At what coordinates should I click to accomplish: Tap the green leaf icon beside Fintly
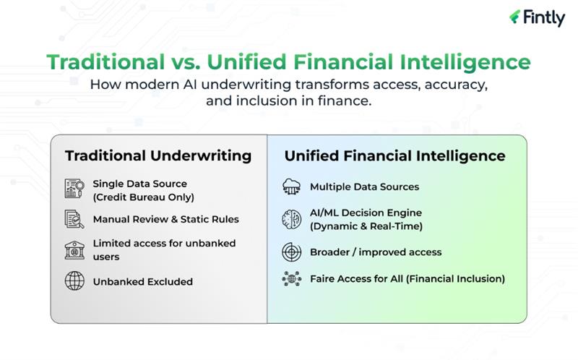pos(515,17)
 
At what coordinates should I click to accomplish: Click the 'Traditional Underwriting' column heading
pos(158,155)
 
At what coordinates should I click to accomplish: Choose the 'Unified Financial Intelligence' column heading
pos(394,155)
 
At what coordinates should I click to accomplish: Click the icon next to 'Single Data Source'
pos(74,189)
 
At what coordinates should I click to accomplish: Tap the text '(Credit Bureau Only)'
pos(143,197)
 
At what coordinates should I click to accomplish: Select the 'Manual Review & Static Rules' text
pos(165,219)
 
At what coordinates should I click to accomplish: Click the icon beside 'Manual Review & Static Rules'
pos(74,219)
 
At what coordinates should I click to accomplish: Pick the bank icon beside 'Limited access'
pos(74,250)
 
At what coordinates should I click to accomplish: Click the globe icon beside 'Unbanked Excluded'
pos(74,281)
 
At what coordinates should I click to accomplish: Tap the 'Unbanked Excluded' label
pos(142,281)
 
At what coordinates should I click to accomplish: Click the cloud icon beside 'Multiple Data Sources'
pos(291,187)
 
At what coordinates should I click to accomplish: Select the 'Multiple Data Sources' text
pos(364,187)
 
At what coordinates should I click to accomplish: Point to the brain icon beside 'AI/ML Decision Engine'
pos(291,219)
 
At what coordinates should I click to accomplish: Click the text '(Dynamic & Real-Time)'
pos(366,226)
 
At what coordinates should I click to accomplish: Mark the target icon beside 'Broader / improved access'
pos(291,252)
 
